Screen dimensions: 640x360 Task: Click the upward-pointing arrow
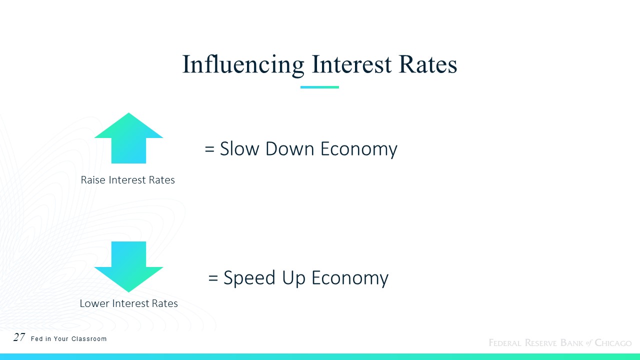[x=128, y=138]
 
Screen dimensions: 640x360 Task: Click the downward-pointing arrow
[x=128, y=267]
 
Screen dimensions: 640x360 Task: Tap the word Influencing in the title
[x=243, y=65]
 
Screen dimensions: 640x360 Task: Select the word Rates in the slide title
[x=428, y=64]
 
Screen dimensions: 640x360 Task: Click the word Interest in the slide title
[x=351, y=64]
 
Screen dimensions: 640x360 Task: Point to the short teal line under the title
[x=319, y=87]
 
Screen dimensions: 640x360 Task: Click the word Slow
[x=239, y=148]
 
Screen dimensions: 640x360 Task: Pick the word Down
[x=289, y=148]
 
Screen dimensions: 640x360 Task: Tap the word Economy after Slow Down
[x=359, y=149]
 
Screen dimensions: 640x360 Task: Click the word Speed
[x=249, y=278]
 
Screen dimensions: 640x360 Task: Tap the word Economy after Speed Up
[x=350, y=278]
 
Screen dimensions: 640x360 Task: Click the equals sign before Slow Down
[x=209, y=149]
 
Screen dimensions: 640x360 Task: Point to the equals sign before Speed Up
[x=213, y=278]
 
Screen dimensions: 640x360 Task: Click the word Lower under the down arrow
[x=94, y=303]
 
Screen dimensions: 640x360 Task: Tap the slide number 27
[x=19, y=337]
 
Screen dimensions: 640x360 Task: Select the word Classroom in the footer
[x=89, y=339]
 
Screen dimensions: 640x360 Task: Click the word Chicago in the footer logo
[x=613, y=342]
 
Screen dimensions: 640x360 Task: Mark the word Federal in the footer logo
[x=505, y=342]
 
